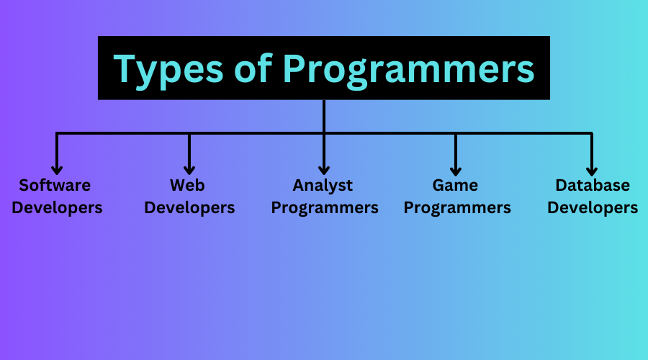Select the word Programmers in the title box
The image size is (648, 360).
(x=409, y=71)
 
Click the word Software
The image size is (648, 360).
(x=55, y=185)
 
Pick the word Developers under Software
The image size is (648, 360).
(x=57, y=208)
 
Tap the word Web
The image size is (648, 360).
(x=187, y=185)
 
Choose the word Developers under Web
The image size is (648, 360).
(x=189, y=208)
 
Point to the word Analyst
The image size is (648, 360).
(x=323, y=186)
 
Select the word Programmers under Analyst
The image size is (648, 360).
(x=325, y=208)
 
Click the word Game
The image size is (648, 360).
(x=455, y=185)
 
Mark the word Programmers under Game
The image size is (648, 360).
(x=457, y=208)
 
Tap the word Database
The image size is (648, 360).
(x=593, y=185)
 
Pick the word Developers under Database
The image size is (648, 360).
(x=593, y=208)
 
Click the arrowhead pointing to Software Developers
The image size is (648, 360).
(x=57, y=171)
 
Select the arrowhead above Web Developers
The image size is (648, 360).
(x=189, y=171)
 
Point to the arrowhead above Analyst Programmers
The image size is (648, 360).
(x=324, y=171)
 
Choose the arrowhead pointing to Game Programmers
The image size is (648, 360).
(x=456, y=171)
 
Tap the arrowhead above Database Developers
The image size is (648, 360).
(x=592, y=171)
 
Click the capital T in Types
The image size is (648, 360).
(x=126, y=68)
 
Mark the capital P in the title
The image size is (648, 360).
(x=294, y=68)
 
